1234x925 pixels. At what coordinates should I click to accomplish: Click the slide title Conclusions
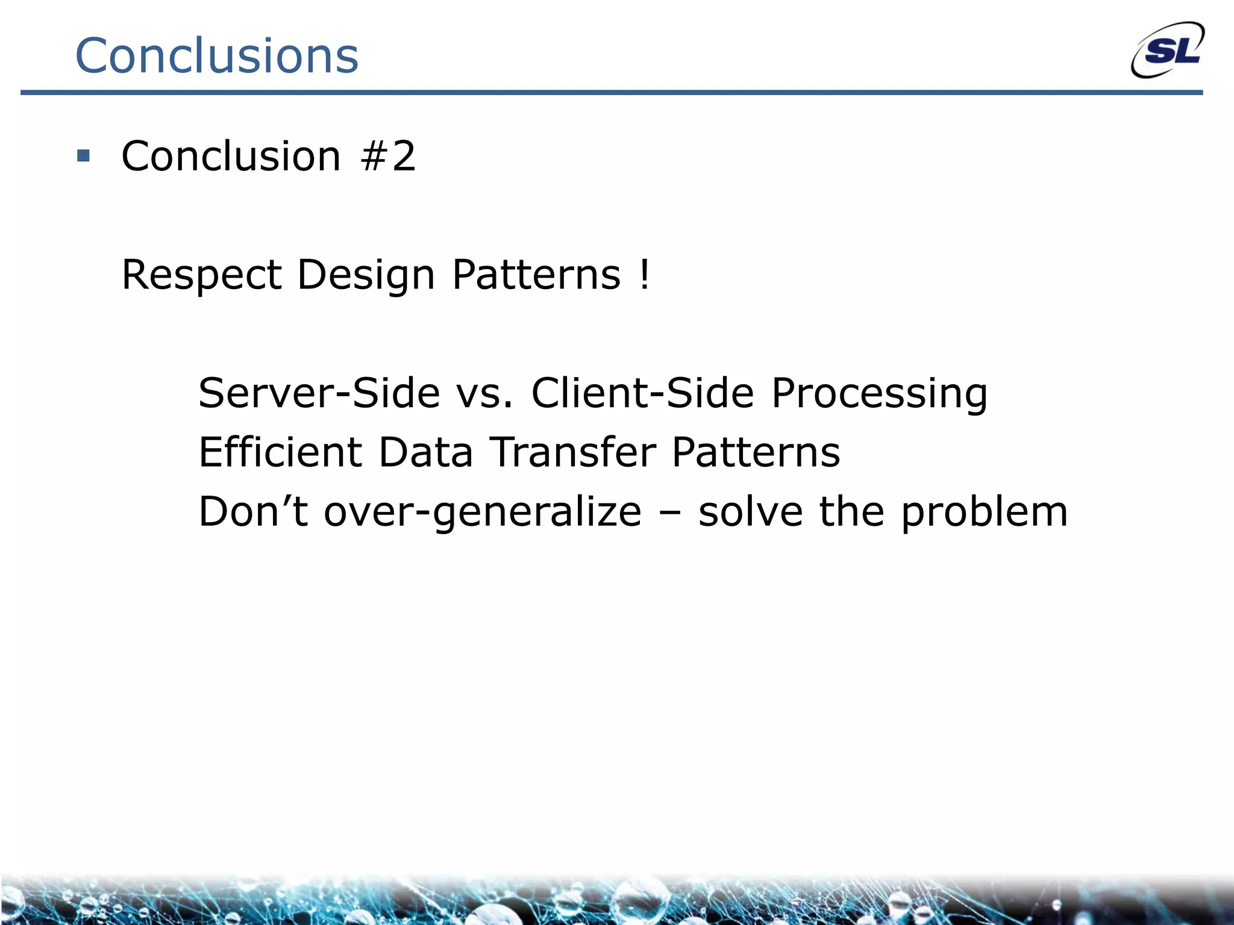(x=217, y=55)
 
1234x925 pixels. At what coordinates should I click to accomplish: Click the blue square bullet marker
(x=83, y=157)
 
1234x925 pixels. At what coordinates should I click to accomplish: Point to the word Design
(x=366, y=275)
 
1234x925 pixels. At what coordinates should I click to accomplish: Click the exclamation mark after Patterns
(x=645, y=275)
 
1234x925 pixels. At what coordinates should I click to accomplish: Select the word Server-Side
(x=319, y=393)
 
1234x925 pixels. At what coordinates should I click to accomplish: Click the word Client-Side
(x=642, y=393)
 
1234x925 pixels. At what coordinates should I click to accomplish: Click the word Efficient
(x=280, y=452)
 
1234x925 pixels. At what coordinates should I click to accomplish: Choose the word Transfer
(x=572, y=452)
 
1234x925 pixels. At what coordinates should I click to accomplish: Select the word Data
(x=425, y=452)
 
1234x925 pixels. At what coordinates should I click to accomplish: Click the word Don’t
(x=253, y=511)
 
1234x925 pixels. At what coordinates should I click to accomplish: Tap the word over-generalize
(x=483, y=512)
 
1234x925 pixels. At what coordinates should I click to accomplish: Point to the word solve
(x=750, y=511)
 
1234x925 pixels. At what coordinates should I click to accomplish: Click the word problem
(x=984, y=512)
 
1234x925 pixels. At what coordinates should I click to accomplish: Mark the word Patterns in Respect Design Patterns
(x=536, y=275)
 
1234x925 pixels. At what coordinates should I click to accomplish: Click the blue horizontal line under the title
(x=611, y=93)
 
